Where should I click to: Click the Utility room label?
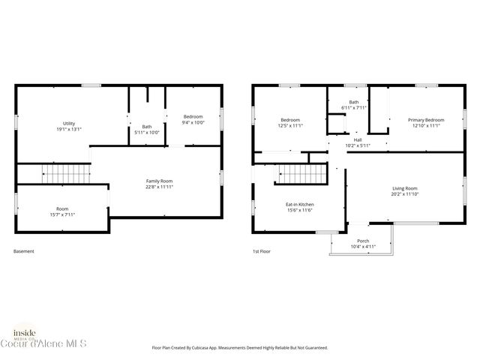point(69,126)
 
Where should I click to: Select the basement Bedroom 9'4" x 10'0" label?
point(193,119)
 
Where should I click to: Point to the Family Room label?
point(159,183)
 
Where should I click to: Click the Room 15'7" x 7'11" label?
point(61,211)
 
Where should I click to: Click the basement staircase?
point(66,174)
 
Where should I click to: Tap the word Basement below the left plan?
point(24,251)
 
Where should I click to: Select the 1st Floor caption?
point(260,251)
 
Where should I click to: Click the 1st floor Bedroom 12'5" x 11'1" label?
point(290,123)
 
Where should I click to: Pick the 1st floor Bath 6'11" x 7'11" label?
point(353,105)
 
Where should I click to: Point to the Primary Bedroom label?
point(425,123)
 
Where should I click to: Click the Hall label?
point(358,142)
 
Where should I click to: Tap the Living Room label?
point(404,191)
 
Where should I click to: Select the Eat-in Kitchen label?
point(300,208)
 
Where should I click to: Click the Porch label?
point(363,243)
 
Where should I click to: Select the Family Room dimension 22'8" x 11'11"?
point(159,187)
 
